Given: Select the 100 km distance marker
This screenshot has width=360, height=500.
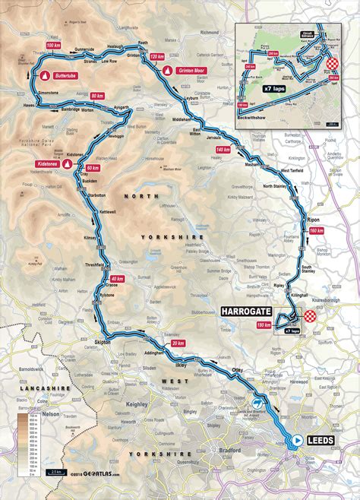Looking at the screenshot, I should pos(53,46).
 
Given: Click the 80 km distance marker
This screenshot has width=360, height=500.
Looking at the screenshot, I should pos(96,96).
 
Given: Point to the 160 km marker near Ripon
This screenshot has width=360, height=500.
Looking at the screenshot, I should pos(317,230).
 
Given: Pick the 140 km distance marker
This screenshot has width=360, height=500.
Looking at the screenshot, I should pos(223,150).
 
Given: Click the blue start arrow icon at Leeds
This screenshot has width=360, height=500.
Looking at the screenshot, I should pos(296,439).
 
